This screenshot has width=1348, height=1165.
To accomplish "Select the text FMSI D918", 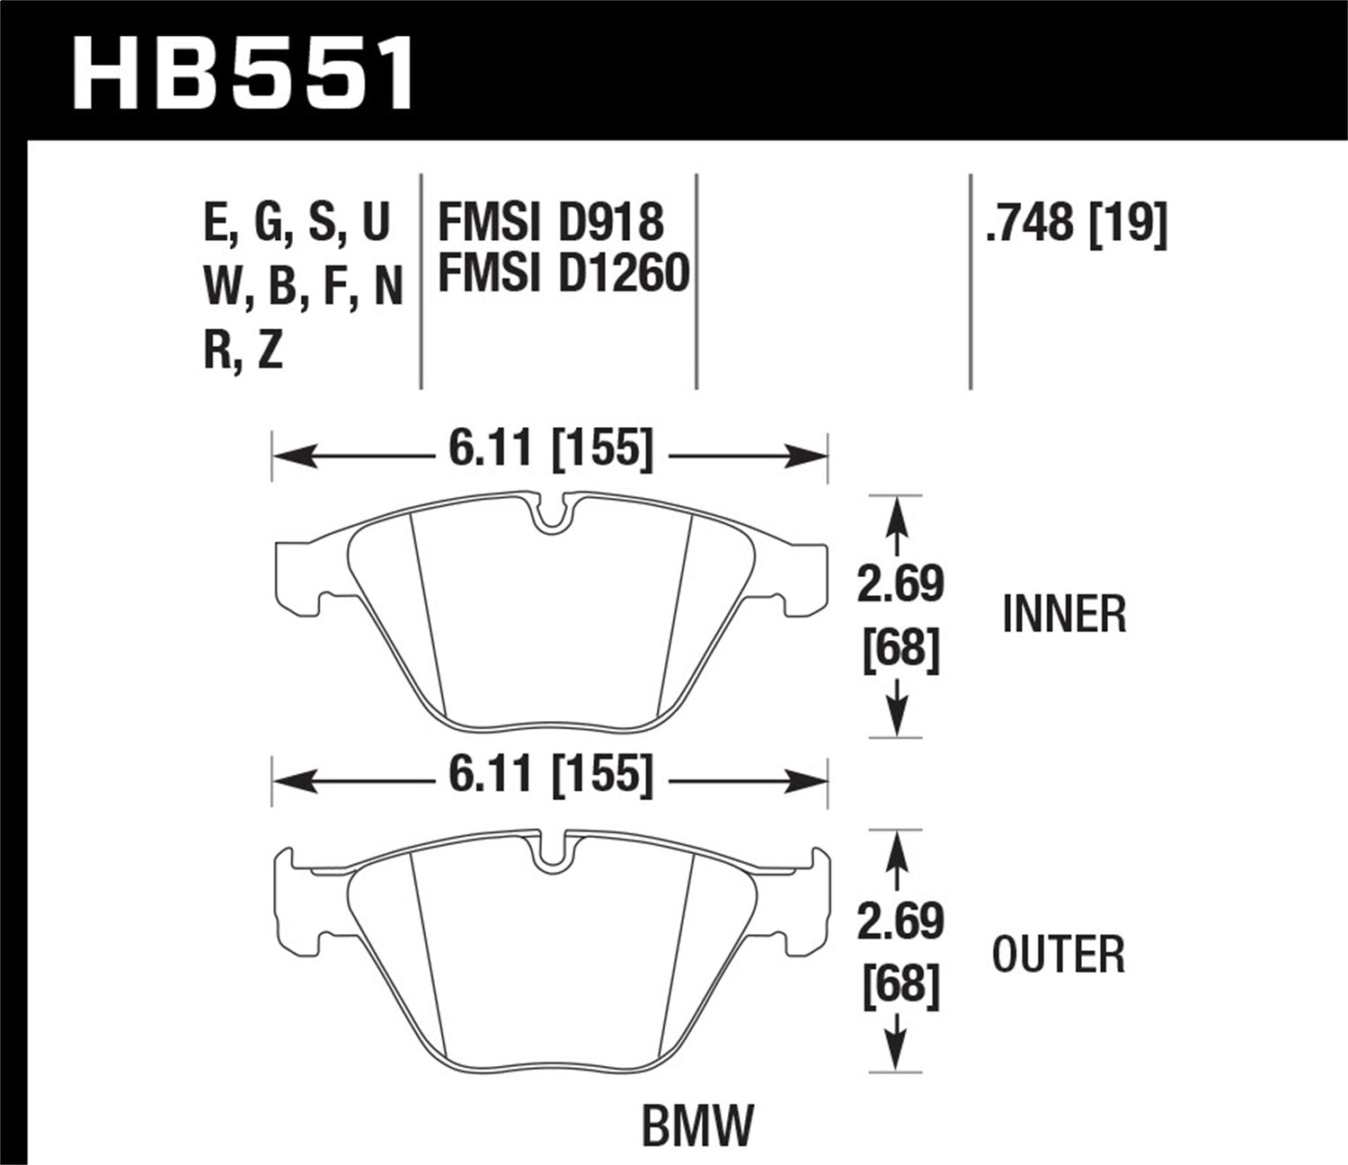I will point(550,222).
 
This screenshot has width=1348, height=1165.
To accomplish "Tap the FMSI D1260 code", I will point(563,272).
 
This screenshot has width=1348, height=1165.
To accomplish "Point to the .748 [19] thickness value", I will point(1076,221).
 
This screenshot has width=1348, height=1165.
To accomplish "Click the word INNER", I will point(1063,615).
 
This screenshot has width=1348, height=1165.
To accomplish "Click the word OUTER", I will point(1058,955).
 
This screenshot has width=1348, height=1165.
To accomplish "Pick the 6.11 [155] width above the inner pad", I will point(550,447).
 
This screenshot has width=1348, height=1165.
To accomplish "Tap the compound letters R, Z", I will point(243,350).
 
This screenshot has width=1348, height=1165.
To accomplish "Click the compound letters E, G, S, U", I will point(297,222).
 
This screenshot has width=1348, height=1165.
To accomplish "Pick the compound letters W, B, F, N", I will point(303,288).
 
